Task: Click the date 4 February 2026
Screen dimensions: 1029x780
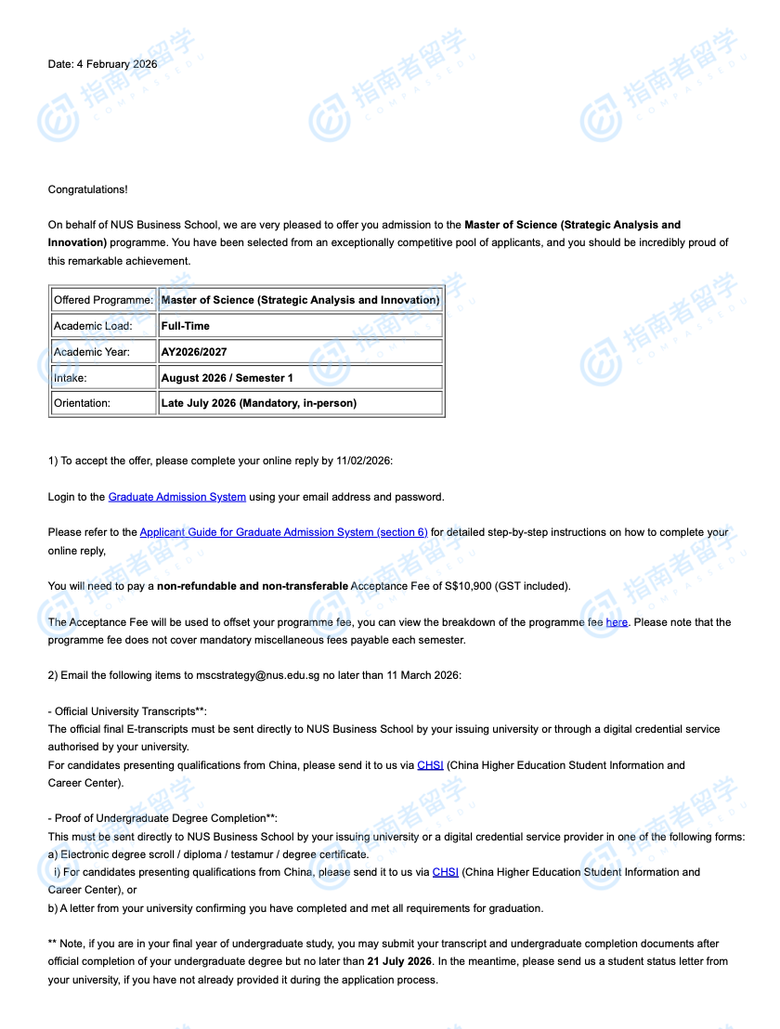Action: pos(117,64)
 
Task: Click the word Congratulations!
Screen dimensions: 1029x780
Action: pos(88,189)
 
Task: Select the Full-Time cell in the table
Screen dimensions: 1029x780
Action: pos(186,326)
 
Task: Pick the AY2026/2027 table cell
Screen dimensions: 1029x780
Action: pos(194,352)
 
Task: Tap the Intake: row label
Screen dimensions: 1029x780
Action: pos(71,378)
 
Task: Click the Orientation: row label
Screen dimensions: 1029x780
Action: pos(82,403)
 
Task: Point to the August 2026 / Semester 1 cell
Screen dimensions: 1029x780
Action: pos(227,378)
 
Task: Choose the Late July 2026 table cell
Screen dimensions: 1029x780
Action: pos(259,403)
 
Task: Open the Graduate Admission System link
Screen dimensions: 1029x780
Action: pos(177,497)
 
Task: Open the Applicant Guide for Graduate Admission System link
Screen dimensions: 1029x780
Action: pos(283,532)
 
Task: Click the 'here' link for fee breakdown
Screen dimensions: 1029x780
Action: pos(617,622)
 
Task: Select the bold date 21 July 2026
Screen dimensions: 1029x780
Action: pos(399,961)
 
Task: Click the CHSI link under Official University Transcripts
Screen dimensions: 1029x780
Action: pos(430,765)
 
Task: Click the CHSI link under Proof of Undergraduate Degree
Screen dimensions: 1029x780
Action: pos(446,872)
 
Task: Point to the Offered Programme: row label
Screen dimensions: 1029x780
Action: pos(104,300)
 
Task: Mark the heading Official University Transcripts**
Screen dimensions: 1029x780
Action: pos(130,711)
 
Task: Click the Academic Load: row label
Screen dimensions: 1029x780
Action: pos(93,326)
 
